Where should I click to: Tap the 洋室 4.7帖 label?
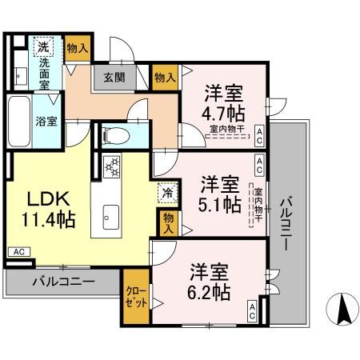224,101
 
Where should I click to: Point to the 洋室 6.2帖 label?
210,279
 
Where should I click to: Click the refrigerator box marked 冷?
167,191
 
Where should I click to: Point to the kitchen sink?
111,217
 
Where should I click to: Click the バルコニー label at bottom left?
63,282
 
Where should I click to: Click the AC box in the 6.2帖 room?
253,310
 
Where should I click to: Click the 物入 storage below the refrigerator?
167,223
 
